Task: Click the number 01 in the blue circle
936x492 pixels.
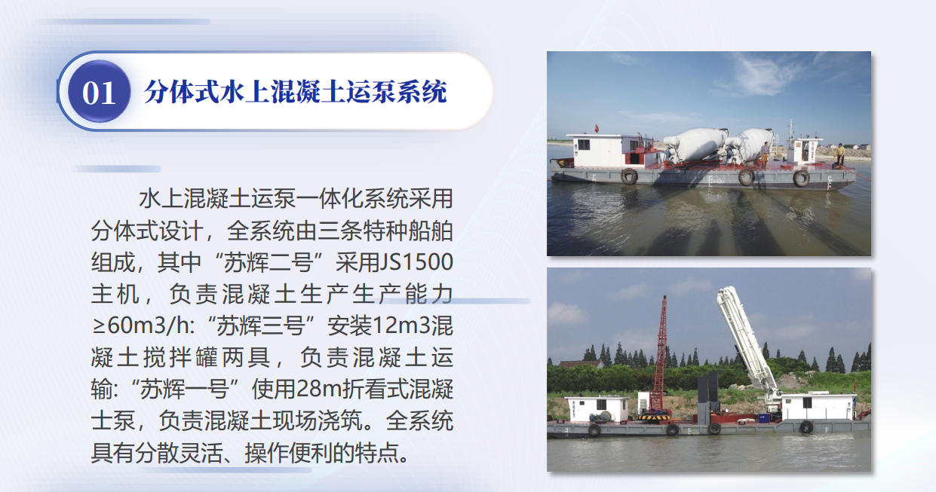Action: coord(99,93)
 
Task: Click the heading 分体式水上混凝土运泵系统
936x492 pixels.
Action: coord(296,92)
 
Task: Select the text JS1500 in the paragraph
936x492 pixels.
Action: coord(416,262)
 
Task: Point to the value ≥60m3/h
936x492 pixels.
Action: coord(141,325)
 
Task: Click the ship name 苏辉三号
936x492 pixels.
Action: coord(260,326)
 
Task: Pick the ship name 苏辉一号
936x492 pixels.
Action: coord(184,390)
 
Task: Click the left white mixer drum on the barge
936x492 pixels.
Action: coord(696,145)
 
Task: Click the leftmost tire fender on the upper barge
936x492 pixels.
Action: coord(629,176)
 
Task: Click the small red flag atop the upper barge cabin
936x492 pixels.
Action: coord(597,128)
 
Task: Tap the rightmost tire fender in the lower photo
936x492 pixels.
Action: coord(806,426)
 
